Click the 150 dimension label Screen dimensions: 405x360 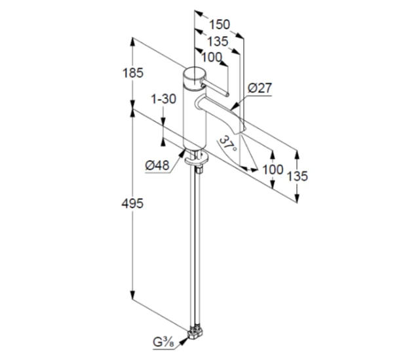[x=220, y=24]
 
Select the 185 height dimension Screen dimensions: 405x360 [x=133, y=73]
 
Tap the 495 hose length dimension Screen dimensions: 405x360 [x=132, y=204]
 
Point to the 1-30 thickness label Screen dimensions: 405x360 [x=163, y=99]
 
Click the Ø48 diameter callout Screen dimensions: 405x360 [x=157, y=165]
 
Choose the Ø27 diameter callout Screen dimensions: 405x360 [x=260, y=88]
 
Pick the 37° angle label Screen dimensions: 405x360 [x=227, y=144]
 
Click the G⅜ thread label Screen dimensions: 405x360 [x=163, y=342]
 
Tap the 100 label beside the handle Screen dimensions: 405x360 [x=212, y=57]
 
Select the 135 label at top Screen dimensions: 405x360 [x=218, y=41]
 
